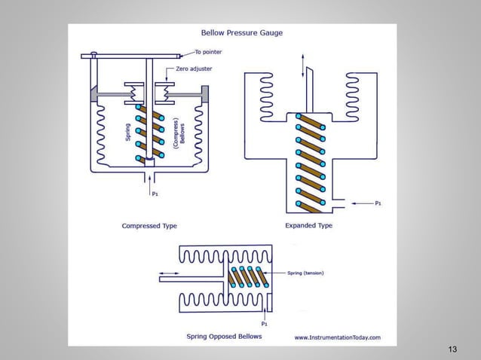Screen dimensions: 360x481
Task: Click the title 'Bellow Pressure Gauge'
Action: pos(232,33)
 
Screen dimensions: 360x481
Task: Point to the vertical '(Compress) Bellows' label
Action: pos(178,135)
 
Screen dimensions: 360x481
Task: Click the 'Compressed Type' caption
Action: pos(150,225)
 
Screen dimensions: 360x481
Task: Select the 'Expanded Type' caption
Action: pos(308,225)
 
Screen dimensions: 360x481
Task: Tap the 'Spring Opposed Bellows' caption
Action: pos(224,336)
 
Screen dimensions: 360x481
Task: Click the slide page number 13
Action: pos(452,349)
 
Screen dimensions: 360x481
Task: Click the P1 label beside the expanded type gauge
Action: pos(378,203)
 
